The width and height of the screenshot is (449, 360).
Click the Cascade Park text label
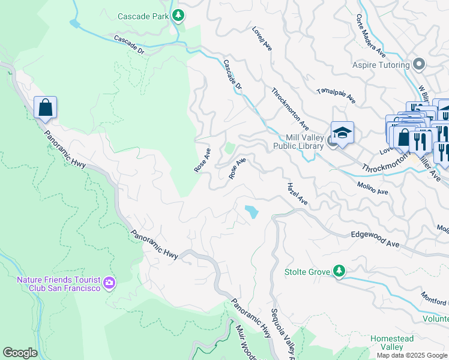click(143, 17)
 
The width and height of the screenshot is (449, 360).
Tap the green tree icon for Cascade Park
click(178, 16)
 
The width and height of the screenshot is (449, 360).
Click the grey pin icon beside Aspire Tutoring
click(419, 64)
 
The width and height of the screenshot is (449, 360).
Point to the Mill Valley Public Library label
click(298, 142)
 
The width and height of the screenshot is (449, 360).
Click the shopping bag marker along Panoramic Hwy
click(46, 108)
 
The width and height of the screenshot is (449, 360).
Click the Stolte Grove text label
click(307, 272)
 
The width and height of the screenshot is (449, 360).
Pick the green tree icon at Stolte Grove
click(339, 271)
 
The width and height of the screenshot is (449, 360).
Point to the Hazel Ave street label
click(297, 194)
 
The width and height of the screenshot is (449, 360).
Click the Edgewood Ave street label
click(375, 241)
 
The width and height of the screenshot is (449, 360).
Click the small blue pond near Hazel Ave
click(251, 211)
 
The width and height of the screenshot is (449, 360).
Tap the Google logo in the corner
click(20, 353)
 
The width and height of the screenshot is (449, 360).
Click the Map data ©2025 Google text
click(411, 355)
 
